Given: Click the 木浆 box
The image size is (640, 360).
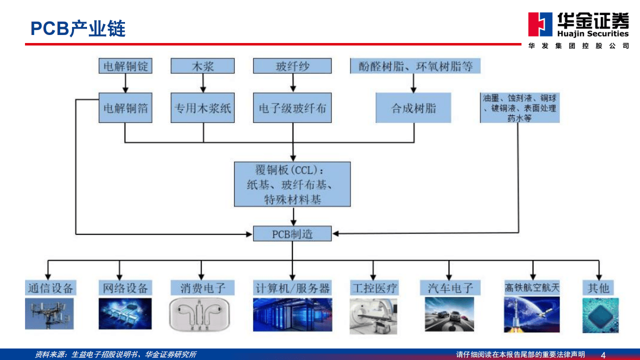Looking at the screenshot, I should click(x=202, y=66).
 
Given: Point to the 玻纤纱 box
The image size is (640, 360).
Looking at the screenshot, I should click(x=292, y=66).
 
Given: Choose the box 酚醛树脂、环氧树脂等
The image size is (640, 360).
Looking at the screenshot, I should click(x=414, y=66).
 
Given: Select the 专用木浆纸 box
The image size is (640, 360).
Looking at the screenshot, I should click(x=202, y=107).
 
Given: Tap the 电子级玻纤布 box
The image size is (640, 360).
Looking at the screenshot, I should click(x=292, y=107).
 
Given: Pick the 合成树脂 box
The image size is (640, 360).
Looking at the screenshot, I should click(x=413, y=107).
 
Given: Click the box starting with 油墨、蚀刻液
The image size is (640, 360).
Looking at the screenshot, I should click(x=519, y=107).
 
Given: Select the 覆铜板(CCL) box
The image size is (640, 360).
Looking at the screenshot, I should click(x=292, y=184).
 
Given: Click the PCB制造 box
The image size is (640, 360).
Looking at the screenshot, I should click(x=292, y=233).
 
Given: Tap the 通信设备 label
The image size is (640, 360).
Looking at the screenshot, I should click(x=49, y=287).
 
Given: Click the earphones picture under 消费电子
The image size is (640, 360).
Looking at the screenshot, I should click(x=201, y=314).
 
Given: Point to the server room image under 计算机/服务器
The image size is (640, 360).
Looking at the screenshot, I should click(x=292, y=314).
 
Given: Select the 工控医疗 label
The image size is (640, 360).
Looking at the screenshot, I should click(x=374, y=287).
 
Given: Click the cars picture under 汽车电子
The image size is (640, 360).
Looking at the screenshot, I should click(x=449, y=314).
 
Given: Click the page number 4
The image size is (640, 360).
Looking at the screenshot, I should click(x=603, y=354).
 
